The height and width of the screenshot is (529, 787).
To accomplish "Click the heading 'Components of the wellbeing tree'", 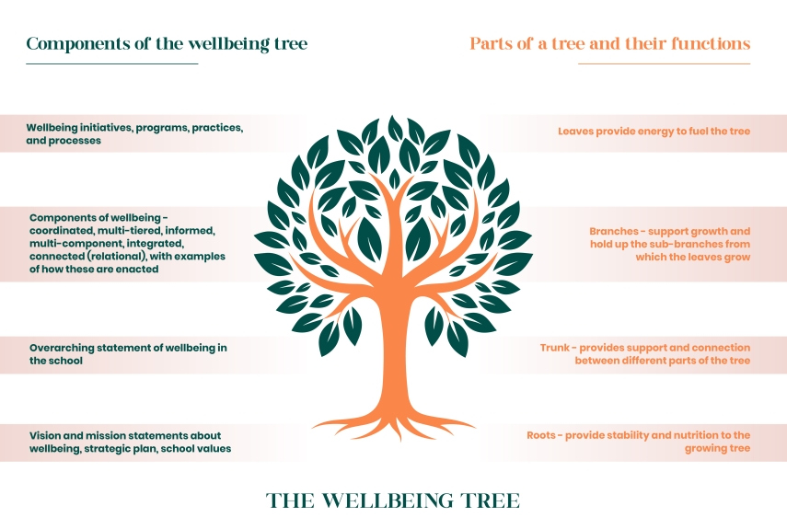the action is tap(167, 43).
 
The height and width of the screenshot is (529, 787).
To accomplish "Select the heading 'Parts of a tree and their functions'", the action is tap(610, 43).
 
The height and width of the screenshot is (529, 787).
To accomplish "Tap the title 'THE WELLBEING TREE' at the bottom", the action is tap(393, 500).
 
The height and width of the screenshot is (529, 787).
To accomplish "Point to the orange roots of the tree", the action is tap(395, 426).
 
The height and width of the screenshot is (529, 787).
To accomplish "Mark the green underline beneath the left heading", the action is tap(112, 63).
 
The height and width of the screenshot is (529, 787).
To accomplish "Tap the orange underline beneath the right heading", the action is tap(664, 63).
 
